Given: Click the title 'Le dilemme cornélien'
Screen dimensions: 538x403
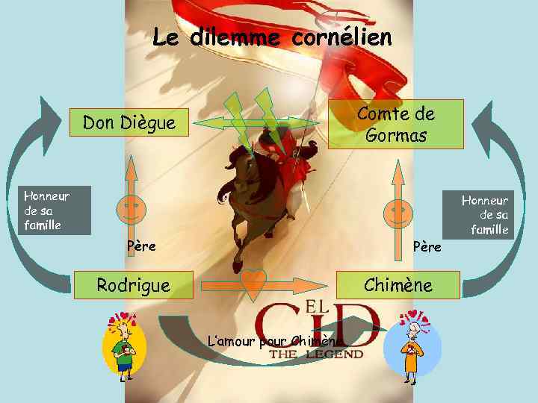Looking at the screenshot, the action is click(x=272, y=37).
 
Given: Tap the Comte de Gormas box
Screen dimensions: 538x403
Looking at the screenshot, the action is click(x=396, y=124).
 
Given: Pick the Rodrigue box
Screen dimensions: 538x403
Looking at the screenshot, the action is click(x=134, y=284).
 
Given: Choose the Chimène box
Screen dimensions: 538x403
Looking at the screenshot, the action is click(x=398, y=284).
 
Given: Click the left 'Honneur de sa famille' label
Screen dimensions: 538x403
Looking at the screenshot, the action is click(x=46, y=210).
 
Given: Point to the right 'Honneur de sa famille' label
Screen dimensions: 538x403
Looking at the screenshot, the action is click(x=485, y=214).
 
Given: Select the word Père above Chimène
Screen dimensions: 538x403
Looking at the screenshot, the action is click(x=427, y=246).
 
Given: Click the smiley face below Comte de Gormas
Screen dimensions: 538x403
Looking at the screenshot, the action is click(x=398, y=213).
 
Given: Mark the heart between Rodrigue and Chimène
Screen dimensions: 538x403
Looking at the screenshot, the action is click(x=254, y=282).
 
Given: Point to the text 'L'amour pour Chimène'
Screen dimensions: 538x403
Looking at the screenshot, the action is click(x=276, y=341).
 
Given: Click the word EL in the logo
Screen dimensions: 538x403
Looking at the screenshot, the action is click(x=318, y=305).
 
